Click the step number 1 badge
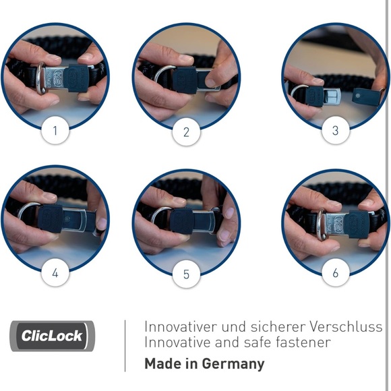click(55, 130)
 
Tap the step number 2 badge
click(186, 131)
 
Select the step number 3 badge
click(336, 130)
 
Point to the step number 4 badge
click(55, 272)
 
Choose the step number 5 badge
click(186, 274)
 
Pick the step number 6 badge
click(336, 272)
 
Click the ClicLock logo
click(53, 336)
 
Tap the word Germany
click(233, 364)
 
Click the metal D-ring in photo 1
click(40, 78)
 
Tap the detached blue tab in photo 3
click(365, 96)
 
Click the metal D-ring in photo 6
click(322, 224)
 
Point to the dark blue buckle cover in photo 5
click(182, 221)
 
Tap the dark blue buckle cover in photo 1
click(77, 78)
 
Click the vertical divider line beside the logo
click(125, 346)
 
